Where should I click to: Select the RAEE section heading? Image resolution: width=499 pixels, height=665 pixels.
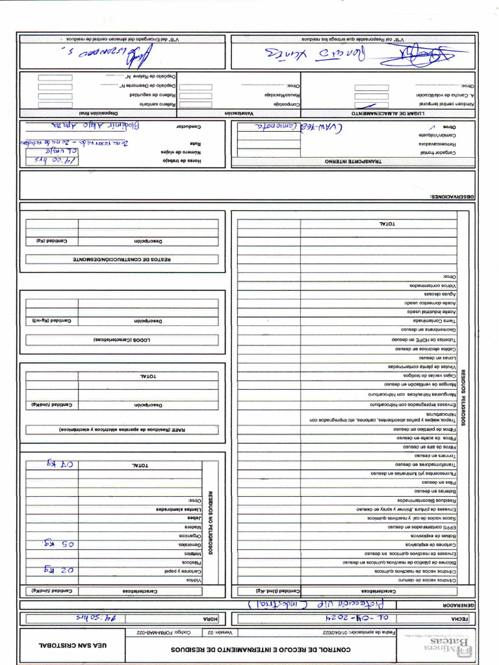point(122,429)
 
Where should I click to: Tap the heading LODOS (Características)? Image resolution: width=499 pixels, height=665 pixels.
point(122,340)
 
